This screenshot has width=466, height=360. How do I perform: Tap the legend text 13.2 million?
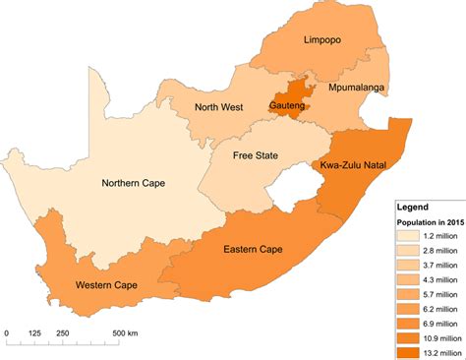437,350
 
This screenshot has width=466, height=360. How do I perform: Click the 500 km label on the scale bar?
124,332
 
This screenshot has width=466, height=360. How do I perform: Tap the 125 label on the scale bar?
35,332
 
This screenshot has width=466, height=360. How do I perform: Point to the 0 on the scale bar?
7,332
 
